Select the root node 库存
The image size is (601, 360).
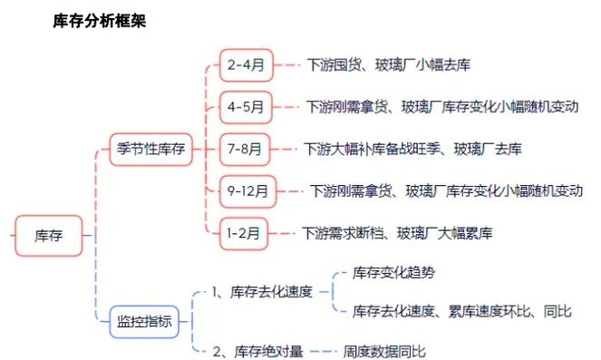48,236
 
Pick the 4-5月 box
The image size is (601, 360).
246,107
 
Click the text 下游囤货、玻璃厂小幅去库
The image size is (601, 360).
387,64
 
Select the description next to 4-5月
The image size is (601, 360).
441,107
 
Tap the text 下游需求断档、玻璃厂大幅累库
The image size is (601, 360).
397,233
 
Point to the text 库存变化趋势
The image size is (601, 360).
400,271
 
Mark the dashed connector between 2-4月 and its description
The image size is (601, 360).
287,64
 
